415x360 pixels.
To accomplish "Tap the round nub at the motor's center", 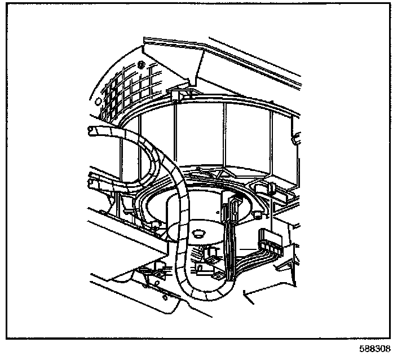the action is coord(198,232).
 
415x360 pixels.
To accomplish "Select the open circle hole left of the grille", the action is coord(98,102).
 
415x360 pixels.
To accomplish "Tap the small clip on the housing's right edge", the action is coord(297,137).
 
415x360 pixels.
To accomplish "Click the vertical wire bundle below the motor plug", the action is coord(228,248).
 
